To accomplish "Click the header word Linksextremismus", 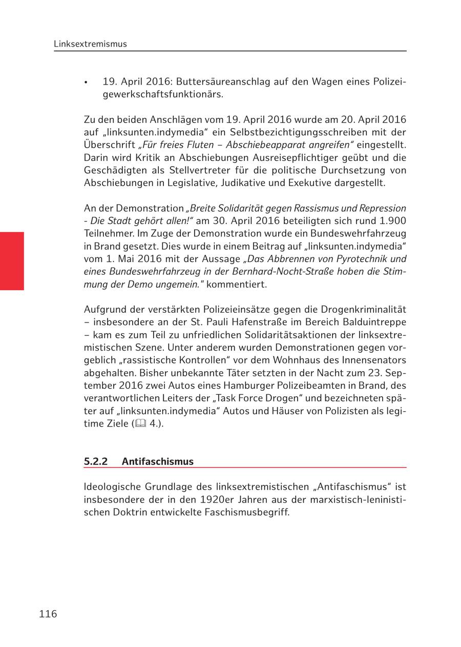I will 90,44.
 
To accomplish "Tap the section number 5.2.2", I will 95,461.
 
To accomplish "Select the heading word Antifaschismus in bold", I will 158,461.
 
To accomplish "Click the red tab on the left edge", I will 12,261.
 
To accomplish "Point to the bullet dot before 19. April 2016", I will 87,83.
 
